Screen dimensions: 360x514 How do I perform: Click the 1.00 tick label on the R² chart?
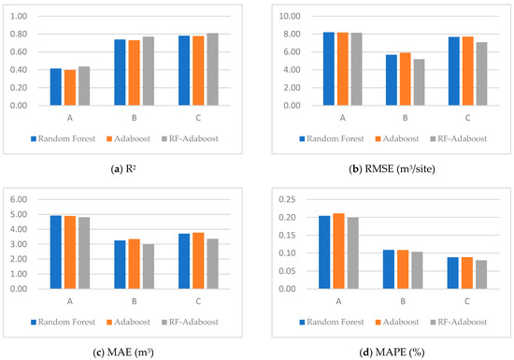coord(19,16)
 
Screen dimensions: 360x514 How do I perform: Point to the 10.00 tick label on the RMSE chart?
coord(275,16)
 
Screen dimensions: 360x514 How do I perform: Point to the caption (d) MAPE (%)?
coord(385,351)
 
